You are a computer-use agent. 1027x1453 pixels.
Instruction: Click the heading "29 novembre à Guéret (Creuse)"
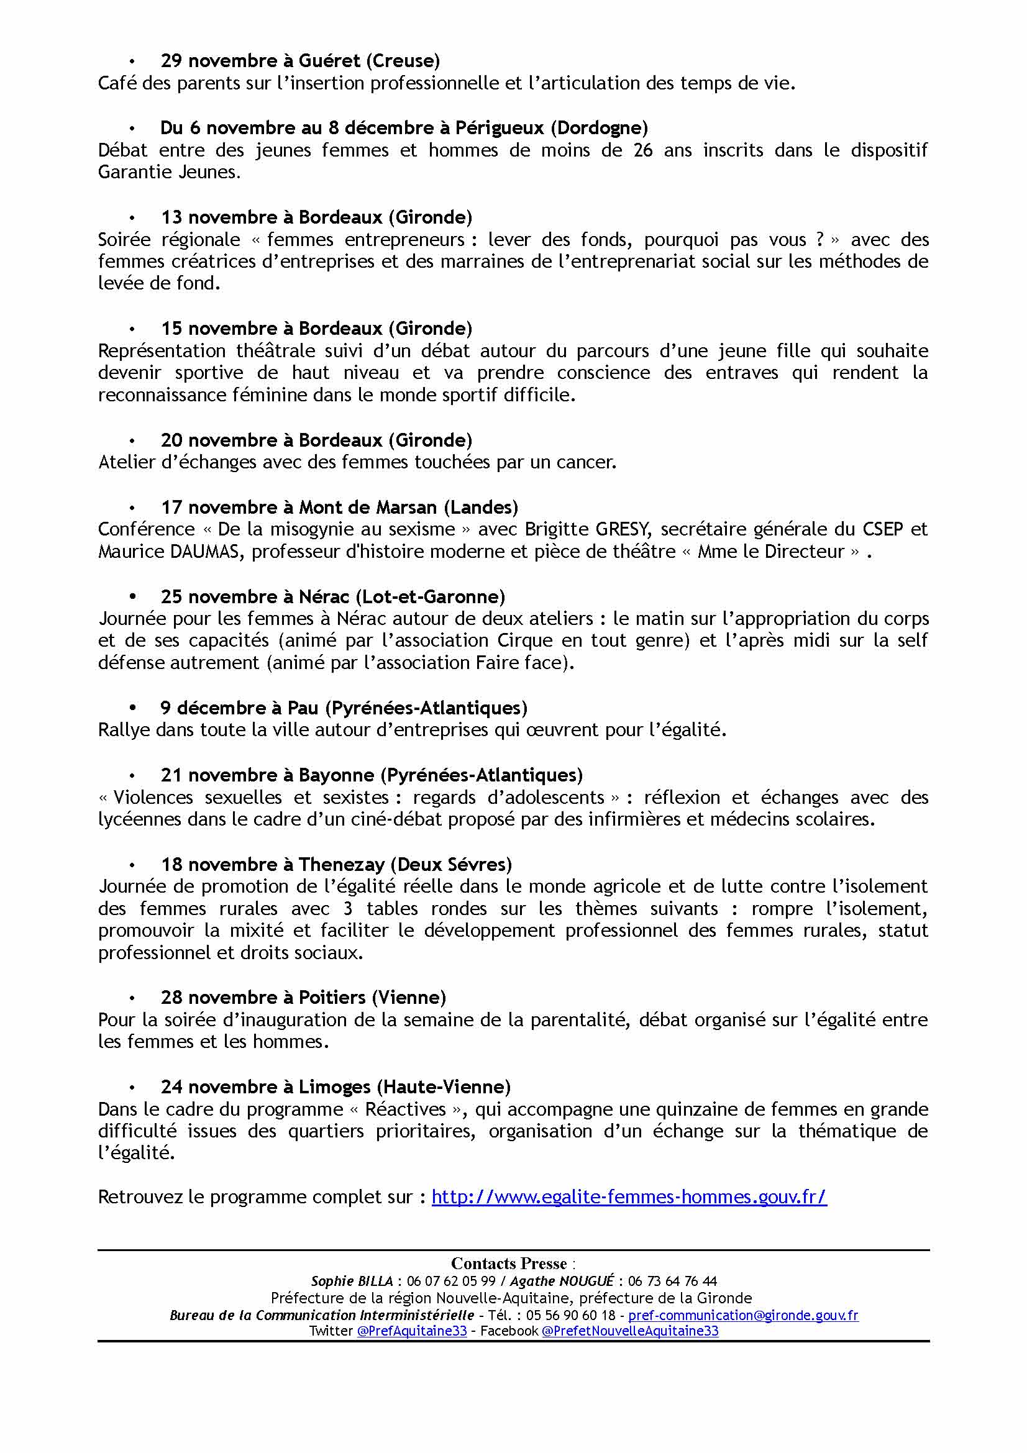tap(300, 61)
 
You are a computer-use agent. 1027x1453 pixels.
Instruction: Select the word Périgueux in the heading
tap(500, 128)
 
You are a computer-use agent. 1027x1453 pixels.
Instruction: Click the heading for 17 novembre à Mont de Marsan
tap(339, 508)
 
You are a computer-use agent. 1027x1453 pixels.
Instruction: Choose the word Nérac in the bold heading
tap(321, 597)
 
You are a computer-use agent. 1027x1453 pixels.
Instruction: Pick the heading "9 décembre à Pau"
tap(344, 708)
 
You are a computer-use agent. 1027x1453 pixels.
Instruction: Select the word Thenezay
tap(342, 865)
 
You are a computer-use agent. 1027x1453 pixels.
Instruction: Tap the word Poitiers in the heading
tap(332, 998)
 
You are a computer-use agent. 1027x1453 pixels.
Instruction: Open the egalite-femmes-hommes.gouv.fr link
tap(629, 1197)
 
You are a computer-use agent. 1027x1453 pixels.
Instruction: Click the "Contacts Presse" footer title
tap(509, 1264)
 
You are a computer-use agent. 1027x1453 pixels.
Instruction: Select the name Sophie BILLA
tap(352, 1282)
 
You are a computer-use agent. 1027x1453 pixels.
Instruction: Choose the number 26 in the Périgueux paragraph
tap(643, 150)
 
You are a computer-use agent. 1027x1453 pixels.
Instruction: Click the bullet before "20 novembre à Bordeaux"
tap(132, 440)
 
